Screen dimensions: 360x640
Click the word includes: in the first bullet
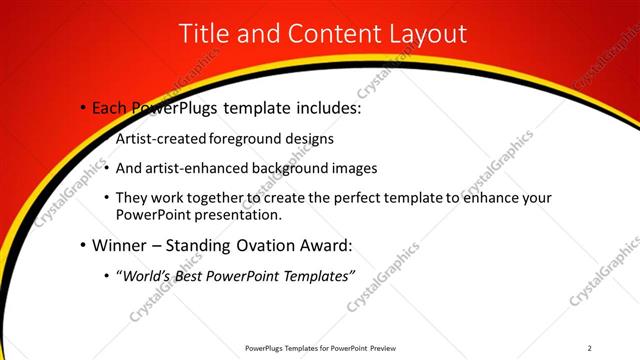coord(322,108)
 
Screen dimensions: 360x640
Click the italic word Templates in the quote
coord(315,275)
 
